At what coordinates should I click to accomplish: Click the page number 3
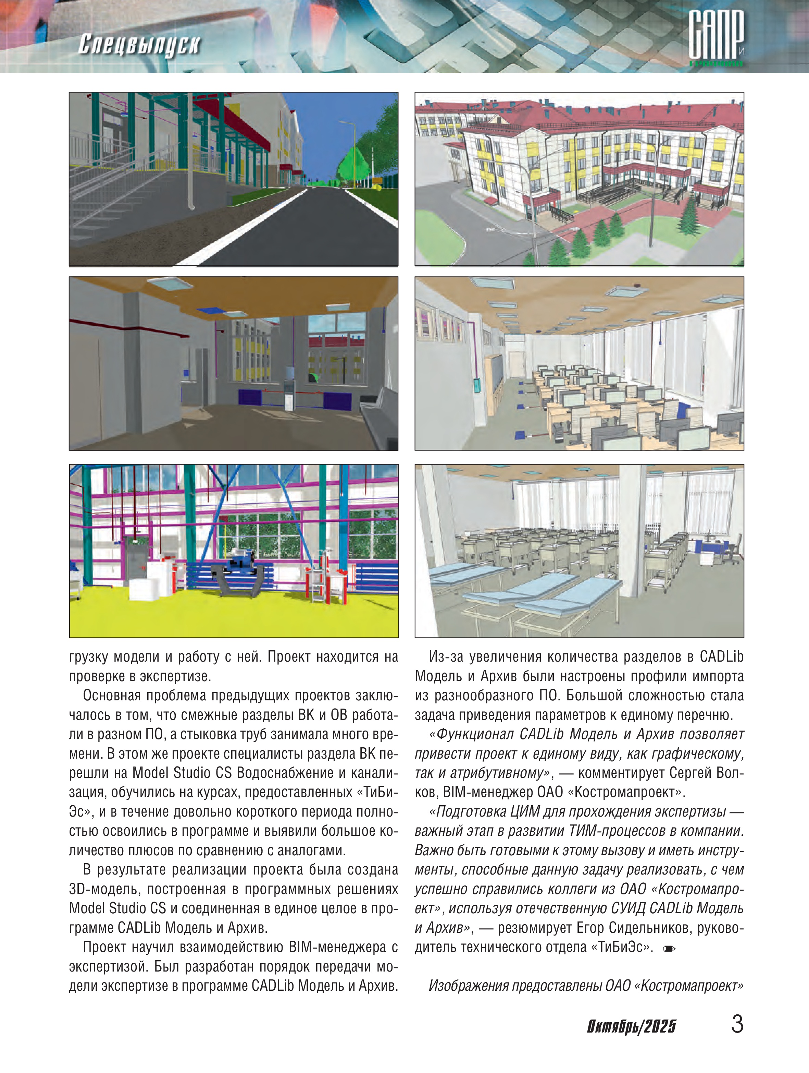(737, 1024)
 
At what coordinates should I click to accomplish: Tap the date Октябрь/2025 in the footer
(631, 1026)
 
